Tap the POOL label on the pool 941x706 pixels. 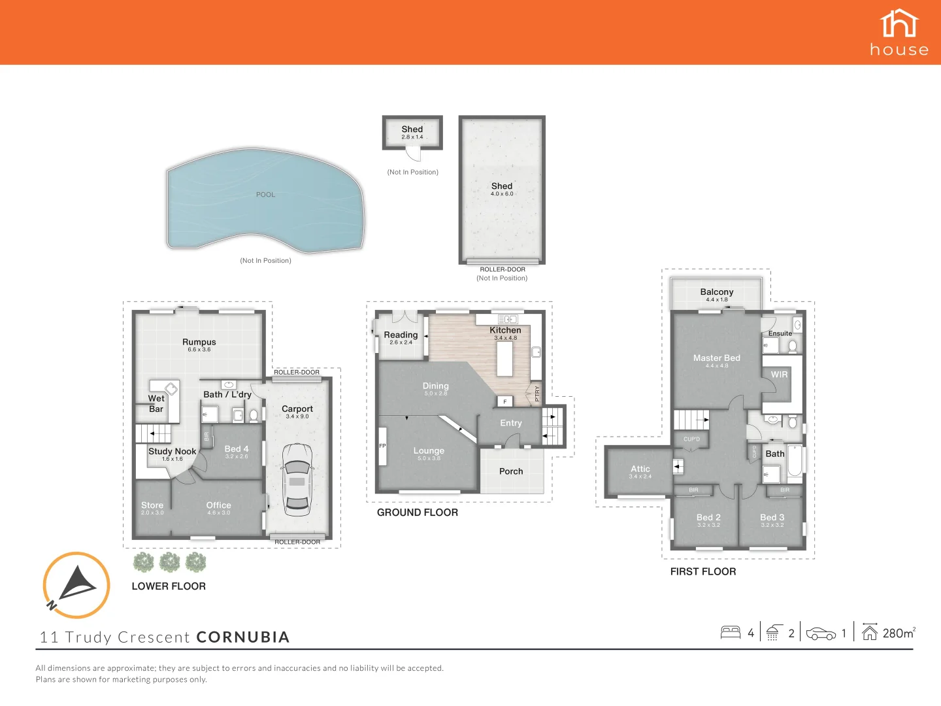[265, 195]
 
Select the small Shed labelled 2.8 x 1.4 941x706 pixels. [412, 133]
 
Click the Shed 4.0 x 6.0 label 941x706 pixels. [502, 189]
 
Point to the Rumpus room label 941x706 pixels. [199, 342]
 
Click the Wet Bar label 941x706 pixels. [156, 403]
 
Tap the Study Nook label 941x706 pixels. [172, 451]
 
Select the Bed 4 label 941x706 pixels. [237, 449]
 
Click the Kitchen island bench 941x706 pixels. [504, 359]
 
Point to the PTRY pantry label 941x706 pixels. [537, 394]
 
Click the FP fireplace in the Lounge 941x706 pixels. [383, 446]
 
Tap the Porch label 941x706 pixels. [511, 471]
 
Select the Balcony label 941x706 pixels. [716, 292]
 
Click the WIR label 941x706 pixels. [779, 375]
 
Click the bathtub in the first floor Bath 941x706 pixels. [795, 460]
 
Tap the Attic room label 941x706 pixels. [640, 469]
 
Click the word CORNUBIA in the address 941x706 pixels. [242, 637]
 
